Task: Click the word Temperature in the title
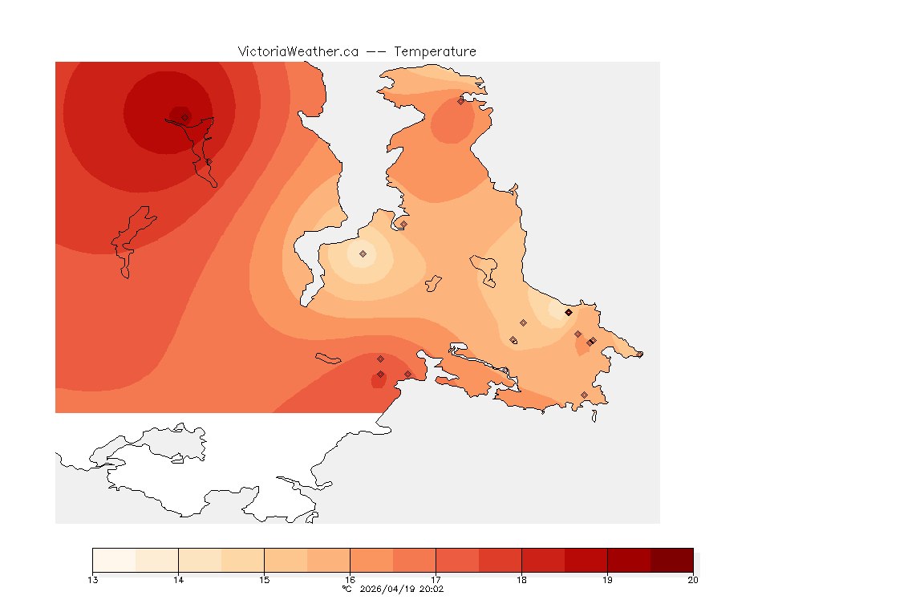click(436, 51)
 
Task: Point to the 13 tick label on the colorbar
click(93, 580)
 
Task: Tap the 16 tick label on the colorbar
click(350, 580)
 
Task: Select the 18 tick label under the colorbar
click(521, 580)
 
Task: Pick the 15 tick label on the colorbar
click(264, 580)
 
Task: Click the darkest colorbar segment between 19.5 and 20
click(671, 560)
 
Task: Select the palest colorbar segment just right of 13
click(114, 560)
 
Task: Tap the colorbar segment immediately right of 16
click(371, 560)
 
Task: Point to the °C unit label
click(346, 589)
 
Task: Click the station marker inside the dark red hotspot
click(184, 117)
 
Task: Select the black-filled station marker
click(568, 312)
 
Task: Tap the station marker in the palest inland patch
click(363, 253)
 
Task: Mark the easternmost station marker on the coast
click(639, 354)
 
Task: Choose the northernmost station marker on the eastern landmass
click(460, 101)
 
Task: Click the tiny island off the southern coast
click(594, 415)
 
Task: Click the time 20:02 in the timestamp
click(432, 589)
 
